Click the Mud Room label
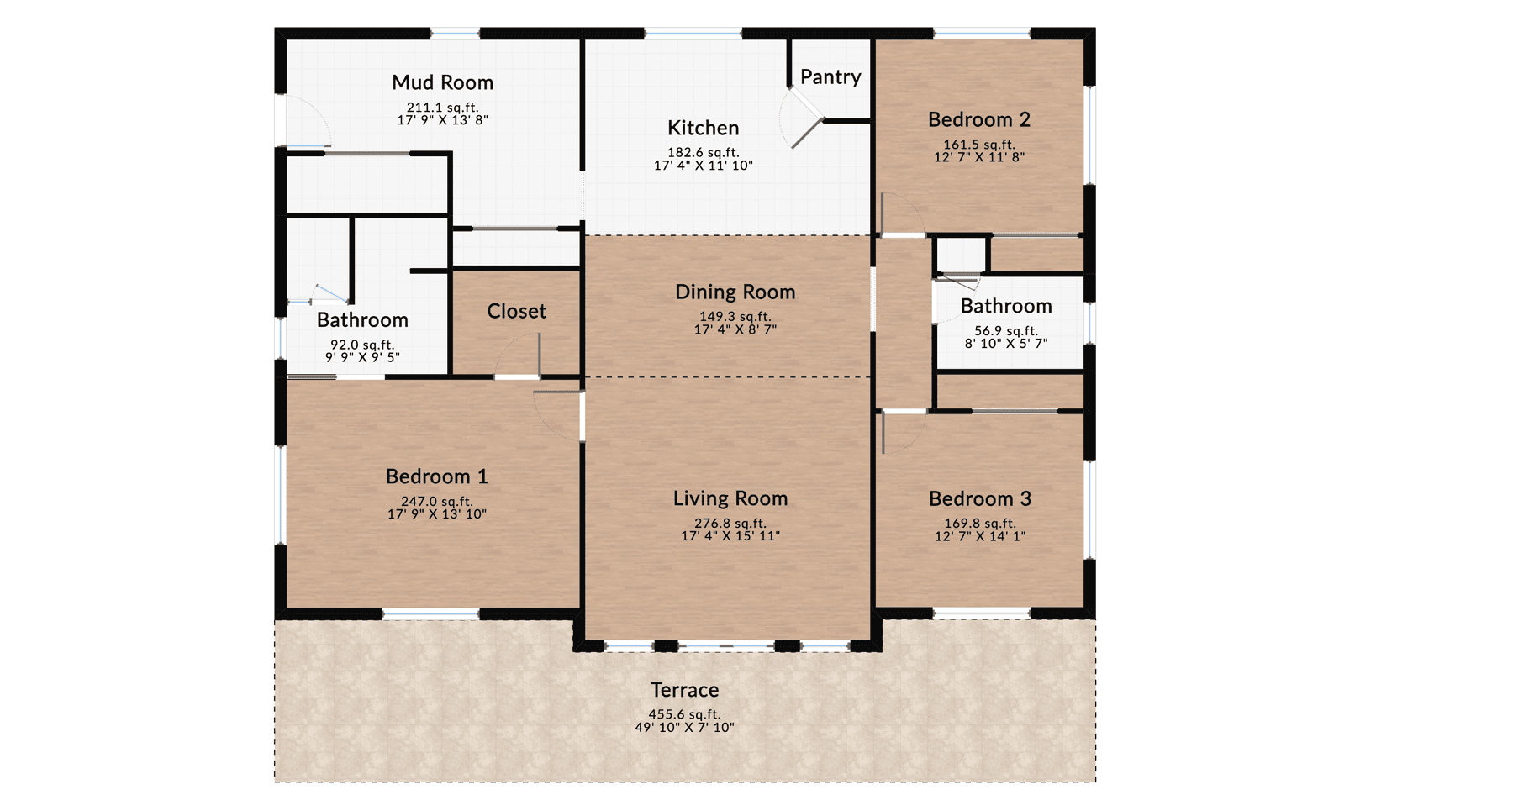[x=442, y=82]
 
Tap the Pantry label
[x=830, y=77]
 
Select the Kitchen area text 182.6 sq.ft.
[x=703, y=152]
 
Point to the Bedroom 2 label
[x=978, y=119]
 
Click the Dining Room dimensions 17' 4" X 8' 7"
[x=735, y=329]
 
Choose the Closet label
[x=516, y=311]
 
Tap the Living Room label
[x=730, y=498]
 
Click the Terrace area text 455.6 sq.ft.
[x=684, y=714]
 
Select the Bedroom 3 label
[x=979, y=498]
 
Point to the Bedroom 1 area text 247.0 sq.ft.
[x=436, y=501]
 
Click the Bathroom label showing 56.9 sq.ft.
[x=1005, y=306]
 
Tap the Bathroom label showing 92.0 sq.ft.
[x=362, y=320]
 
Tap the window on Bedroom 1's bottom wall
[x=430, y=614]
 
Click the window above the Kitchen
[x=693, y=34]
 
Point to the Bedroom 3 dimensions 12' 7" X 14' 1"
[x=979, y=536]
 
